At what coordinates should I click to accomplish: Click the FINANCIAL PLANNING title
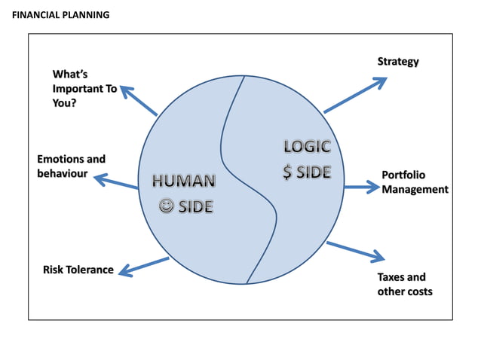tap(61, 14)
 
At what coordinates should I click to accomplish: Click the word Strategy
tap(398, 61)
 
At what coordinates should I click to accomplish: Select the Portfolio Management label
tap(414, 182)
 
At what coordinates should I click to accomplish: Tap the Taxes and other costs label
tap(405, 284)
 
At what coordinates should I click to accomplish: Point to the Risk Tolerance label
tap(78, 270)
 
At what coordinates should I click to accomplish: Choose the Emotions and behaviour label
tap(71, 166)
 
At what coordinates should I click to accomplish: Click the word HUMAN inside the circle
tap(184, 182)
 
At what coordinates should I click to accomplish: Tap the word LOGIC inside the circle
tap(307, 148)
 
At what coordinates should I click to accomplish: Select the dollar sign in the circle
tap(288, 172)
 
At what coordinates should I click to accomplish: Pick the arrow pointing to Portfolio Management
tap(360, 185)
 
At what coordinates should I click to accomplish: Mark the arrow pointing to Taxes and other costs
tap(355, 252)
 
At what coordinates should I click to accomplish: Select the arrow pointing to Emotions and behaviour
tap(115, 182)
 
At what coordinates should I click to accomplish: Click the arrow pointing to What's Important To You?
tap(138, 100)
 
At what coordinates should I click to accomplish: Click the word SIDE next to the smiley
tap(195, 206)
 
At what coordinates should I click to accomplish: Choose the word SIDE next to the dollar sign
tap(314, 172)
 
